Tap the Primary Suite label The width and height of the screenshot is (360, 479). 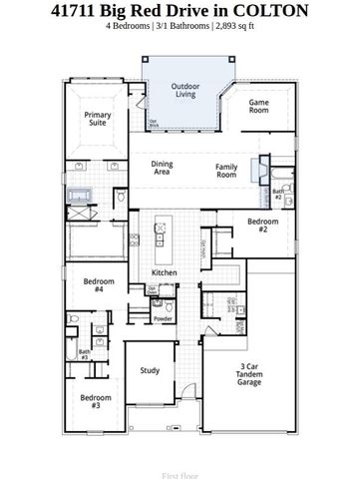pos(98,121)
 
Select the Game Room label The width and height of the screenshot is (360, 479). pos(259,106)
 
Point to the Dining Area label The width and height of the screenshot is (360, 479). pos(163,169)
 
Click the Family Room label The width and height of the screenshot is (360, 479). pos(226,171)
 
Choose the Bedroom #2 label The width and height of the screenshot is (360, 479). pos(262,224)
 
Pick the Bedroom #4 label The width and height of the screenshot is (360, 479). pos(94,284)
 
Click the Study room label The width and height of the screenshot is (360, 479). pos(150,371)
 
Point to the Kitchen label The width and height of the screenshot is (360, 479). pos(165,272)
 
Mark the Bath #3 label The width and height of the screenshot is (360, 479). pos(84,353)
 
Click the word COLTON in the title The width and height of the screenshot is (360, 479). pos(269,12)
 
